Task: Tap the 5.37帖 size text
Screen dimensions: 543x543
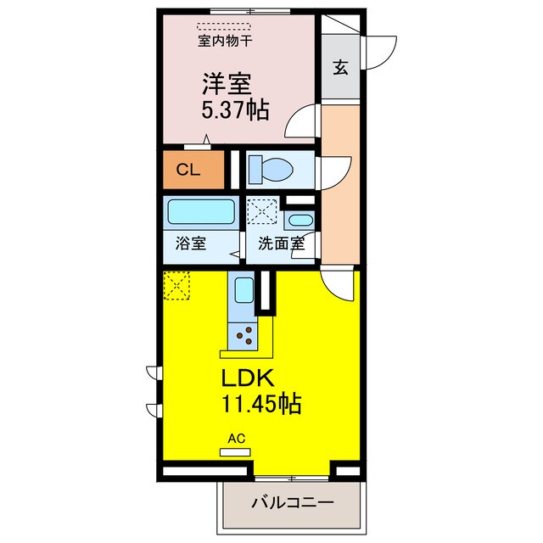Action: [x=235, y=110]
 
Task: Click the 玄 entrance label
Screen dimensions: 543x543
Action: [x=339, y=69]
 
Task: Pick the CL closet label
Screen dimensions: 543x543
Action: [x=188, y=170]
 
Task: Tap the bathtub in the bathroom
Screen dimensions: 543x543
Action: [x=200, y=210]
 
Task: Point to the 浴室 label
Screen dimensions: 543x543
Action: [x=190, y=244]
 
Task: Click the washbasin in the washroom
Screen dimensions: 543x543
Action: [x=300, y=221]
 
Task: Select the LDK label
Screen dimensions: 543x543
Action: [x=246, y=378]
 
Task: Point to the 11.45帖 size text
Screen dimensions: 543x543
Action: [x=261, y=404]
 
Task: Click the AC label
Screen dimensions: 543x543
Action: [x=236, y=439]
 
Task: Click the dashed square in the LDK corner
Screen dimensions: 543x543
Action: [x=176, y=284]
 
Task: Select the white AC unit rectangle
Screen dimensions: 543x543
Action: [x=235, y=452]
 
